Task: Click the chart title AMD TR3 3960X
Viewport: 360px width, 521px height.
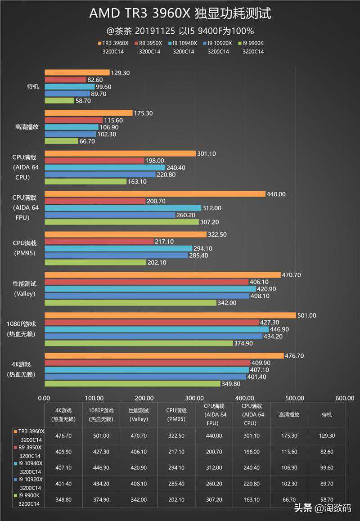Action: click(180, 13)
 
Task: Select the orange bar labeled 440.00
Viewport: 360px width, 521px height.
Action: click(155, 194)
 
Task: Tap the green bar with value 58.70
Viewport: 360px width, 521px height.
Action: click(59, 101)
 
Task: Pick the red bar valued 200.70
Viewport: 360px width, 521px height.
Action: click(95, 201)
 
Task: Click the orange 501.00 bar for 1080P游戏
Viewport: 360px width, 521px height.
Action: click(170, 315)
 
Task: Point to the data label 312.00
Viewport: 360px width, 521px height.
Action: click(212, 208)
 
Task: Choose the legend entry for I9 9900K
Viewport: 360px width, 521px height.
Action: click(252, 44)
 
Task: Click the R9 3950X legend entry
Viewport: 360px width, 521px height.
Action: click(149, 44)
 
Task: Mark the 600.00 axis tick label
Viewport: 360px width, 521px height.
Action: click(345, 398)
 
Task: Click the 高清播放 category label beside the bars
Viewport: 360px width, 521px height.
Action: click(27, 127)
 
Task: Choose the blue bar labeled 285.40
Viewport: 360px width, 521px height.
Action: click(116, 255)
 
